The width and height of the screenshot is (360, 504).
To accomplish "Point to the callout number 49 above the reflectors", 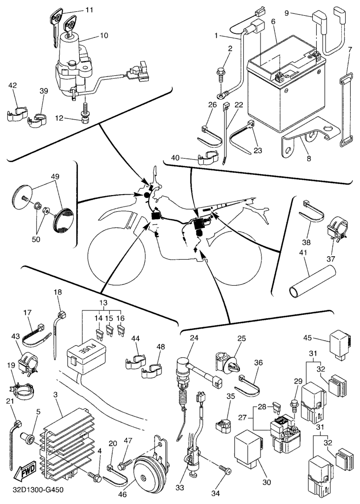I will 55,176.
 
